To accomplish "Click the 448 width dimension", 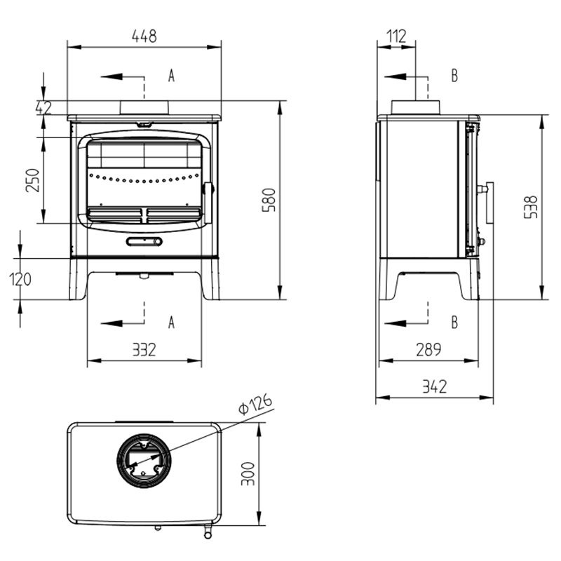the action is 144,36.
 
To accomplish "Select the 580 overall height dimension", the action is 269,200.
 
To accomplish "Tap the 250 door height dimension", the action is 32,180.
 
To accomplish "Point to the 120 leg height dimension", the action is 20,279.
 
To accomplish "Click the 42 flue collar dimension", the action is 43,108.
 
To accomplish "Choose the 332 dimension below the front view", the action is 144,350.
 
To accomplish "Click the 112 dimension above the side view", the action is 396,36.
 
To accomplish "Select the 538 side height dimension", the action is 531,207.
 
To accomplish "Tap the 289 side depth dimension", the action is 428,349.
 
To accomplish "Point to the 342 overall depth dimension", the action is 435,387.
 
